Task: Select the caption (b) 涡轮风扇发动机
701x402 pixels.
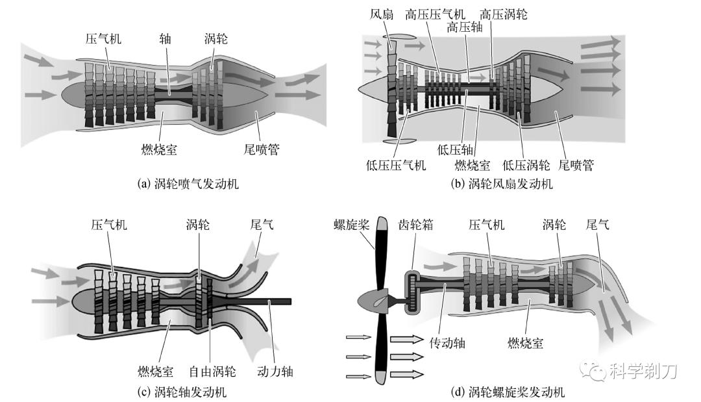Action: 502,184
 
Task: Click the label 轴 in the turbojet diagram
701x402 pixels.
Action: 166,38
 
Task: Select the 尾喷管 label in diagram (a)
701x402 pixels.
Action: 259,150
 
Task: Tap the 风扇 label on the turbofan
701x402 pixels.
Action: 382,14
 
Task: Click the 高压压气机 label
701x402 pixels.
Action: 435,14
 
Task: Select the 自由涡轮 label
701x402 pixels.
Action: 212,372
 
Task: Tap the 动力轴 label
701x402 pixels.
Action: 276,372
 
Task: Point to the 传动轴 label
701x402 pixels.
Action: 447,340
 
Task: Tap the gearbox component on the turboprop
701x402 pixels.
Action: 413,292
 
